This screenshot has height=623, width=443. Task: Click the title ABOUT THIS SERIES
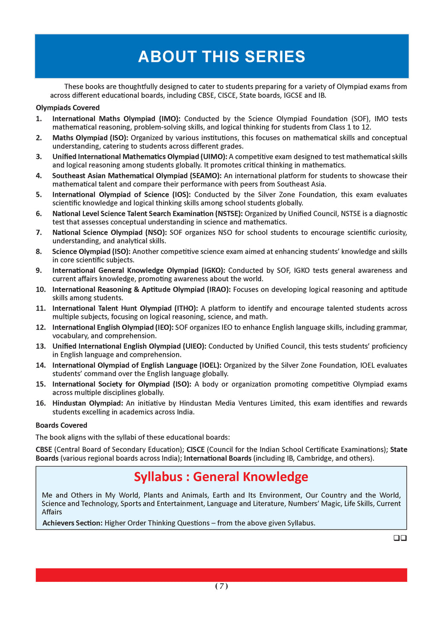pyautogui.click(x=221, y=57)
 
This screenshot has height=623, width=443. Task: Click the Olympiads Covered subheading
pyautogui.click(x=67, y=108)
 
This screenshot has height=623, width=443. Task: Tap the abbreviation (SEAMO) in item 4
pyautogui.click(x=205, y=176)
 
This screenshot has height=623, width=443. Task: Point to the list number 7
pyautogui.click(x=39, y=232)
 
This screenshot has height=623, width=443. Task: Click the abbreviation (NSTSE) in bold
pyautogui.click(x=228, y=213)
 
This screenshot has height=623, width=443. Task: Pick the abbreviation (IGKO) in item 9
pyautogui.click(x=213, y=270)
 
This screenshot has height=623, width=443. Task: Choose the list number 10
pyautogui.click(x=41, y=289)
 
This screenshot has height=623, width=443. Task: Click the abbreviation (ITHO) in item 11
pyautogui.click(x=186, y=308)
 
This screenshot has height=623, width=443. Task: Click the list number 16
pyautogui.click(x=41, y=403)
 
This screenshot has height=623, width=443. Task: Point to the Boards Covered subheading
pyautogui.click(x=61, y=425)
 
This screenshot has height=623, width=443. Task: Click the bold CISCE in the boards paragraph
pyautogui.click(x=196, y=450)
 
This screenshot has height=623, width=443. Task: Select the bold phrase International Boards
pyautogui.click(x=218, y=458)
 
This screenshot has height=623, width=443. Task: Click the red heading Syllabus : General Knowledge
pyautogui.click(x=221, y=477)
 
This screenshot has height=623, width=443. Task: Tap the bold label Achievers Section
pyautogui.click(x=72, y=523)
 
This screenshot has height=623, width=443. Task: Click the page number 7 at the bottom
pyautogui.click(x=221, y=586)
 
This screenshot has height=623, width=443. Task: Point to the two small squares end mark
pyautogui.click(x=400, y=538)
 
